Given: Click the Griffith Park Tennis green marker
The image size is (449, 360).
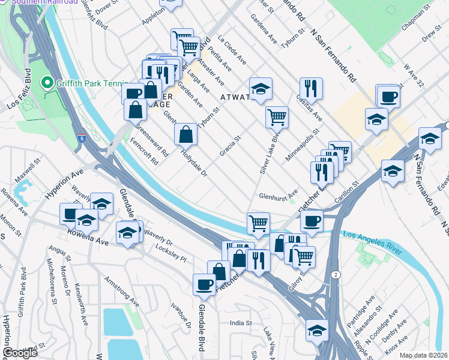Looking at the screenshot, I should [46, 83].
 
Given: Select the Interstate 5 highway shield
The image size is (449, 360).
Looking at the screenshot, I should [82, 138].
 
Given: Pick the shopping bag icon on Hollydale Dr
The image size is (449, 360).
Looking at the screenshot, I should [186, 134].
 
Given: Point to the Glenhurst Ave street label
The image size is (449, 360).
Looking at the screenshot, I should [278, 195].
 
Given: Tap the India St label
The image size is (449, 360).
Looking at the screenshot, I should [241, 323].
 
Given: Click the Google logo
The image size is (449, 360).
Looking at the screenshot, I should [20, 353].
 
